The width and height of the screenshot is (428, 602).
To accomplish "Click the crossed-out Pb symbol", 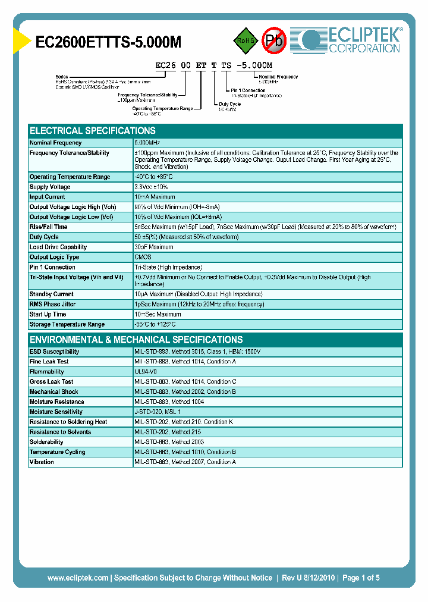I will tap(274, 40).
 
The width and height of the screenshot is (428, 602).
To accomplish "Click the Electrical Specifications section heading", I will tap(93, 130).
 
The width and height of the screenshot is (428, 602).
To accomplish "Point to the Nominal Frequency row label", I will tap(56, 143).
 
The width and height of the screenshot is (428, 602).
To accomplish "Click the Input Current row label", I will tap(48, 197).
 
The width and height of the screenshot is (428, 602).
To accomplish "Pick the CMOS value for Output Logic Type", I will tap(143, 257).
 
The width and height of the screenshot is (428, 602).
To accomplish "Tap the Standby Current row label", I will tap(52, 294).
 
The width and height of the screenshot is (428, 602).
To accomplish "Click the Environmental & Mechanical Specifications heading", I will tap(136, 340).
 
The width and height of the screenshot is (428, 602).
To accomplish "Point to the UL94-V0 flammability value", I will tap(146, 372).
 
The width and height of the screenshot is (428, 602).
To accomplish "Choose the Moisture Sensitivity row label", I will tap(56, 412).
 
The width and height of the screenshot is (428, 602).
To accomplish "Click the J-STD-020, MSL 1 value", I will tap(158, 412).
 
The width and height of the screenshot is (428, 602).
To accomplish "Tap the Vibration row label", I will tap(42, 462).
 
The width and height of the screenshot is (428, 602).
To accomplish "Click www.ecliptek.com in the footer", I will tap(78, 578).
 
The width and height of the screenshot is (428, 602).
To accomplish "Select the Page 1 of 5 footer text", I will tap(358, 578).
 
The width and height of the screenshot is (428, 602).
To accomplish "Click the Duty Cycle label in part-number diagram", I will tap(229, 104).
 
